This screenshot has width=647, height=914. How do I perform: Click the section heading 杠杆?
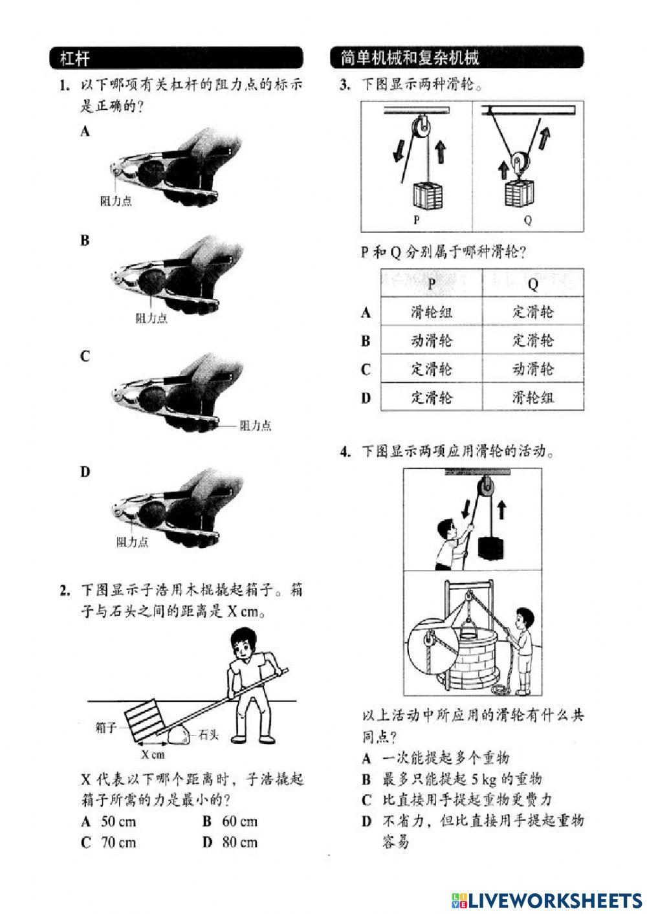click(74, 58)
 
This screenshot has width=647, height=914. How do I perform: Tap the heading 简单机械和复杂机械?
click(410, 58)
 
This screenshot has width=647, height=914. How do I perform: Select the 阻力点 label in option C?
click(255, 426)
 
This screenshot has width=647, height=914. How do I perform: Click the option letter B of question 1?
click(85, 241)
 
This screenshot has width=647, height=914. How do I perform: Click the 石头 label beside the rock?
click(208, 734)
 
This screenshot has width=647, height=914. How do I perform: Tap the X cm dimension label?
click(153, 754)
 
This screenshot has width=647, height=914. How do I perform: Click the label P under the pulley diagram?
click(417, 220)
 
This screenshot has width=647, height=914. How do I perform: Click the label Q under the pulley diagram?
click(527, 220)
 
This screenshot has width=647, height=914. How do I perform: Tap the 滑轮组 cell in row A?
click(432, 312)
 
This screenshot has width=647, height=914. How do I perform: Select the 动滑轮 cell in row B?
click(432, 340)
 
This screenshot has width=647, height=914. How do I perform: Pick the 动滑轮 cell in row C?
click(533, 369)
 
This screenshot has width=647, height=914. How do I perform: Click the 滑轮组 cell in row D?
click(533, 397)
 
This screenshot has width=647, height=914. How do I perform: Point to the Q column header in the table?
click(533, 284)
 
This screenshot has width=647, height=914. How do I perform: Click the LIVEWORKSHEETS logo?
click(546, 900)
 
